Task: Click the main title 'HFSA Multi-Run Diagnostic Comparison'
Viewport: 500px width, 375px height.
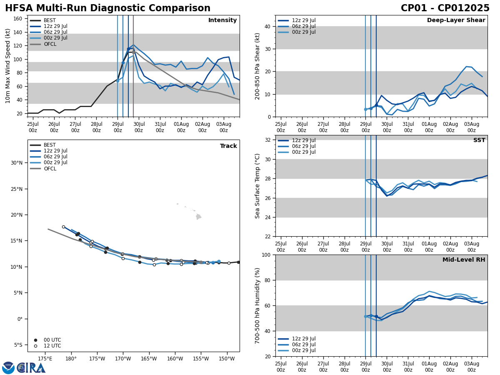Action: click(x=107, y=8)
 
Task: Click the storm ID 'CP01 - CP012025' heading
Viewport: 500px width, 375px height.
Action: click(x=445, y=8)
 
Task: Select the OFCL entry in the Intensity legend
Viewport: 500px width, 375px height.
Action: click(x=50, y=44)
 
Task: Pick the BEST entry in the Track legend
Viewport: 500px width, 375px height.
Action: click(x=50, y=145)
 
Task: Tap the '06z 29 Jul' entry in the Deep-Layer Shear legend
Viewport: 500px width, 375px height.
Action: click(x=304, y=26)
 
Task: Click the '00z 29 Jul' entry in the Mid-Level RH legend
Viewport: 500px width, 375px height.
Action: click(x=304, y=350)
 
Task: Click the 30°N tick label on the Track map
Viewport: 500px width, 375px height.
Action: click(x=17, y=163)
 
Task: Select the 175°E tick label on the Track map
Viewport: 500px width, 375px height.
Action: click(x=45, y=359)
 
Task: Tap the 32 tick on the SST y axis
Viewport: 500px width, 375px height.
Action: click(x=268, y=140)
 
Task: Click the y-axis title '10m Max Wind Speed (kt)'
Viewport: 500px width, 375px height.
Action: click(x=8, y=66)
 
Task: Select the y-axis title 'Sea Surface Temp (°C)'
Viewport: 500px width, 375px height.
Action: click(x=257, y=186)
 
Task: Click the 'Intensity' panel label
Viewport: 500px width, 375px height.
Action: click(x=222, y=20)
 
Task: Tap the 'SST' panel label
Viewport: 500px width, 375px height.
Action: click(x=479, y=140)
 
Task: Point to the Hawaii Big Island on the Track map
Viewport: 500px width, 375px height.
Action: click(x=199, y=217)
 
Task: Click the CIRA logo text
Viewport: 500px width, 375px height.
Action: click(x=31, y=368)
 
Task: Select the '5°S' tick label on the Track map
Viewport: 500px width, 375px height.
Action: click(x=18, y=345)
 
